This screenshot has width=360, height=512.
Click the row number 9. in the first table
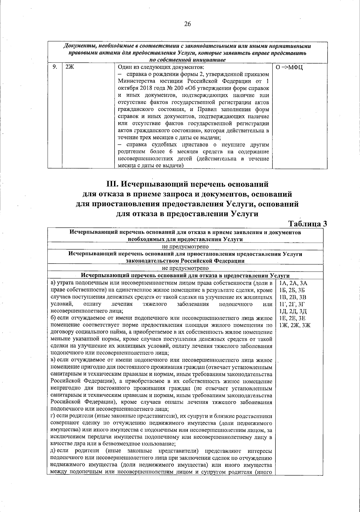click(55, 67)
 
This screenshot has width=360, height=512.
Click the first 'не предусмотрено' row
click(185, 246)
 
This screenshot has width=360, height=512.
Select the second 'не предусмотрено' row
click(185, 268)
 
